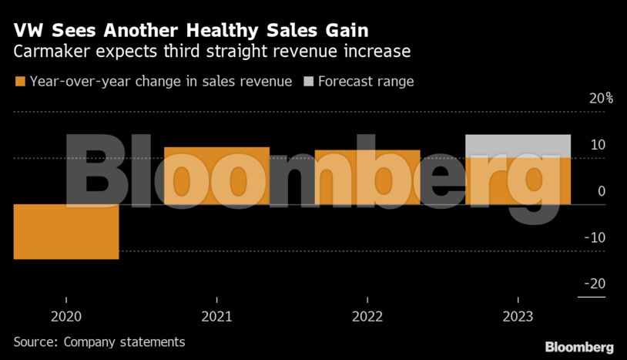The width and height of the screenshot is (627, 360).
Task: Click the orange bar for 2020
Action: (x=66, y=231)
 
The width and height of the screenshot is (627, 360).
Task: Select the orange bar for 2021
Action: (x=216, y=176)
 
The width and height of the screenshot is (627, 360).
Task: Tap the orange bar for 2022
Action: (x=367, y=177)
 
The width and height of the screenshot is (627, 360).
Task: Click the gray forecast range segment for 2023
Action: (x=518, y=146)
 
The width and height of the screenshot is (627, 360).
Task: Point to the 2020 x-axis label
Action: (x=66, y=316)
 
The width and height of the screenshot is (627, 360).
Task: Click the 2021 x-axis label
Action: (x=216, y=316)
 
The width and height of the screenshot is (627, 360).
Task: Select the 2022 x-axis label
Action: (x=367, y=316)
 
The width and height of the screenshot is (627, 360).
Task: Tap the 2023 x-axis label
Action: (x=518, y=316)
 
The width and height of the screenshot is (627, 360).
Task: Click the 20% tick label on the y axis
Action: (x=601, y=99)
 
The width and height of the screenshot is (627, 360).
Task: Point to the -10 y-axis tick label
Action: (x=595, y=237)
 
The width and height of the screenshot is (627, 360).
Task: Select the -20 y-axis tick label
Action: (x=595, y=284)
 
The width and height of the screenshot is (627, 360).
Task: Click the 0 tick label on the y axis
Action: (x=602, y=191)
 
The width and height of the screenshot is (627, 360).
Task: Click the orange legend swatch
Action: (x=19, y=82)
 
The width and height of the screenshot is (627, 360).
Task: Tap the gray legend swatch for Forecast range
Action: (x=309, y=82)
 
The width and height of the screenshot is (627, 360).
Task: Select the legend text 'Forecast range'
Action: (x=366, y=82)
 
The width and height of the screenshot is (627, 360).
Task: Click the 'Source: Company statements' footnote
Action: (x=99, y=341)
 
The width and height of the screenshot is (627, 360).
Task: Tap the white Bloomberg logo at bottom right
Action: (x=579, y=347)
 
